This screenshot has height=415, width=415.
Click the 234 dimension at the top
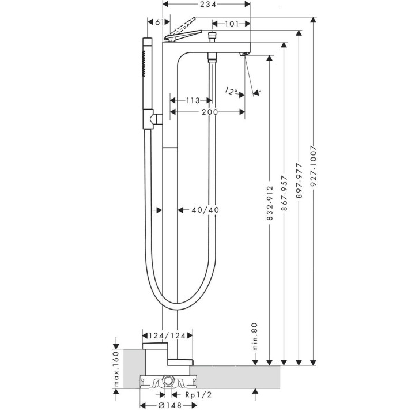pos(207,5)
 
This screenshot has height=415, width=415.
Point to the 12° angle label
pos(232,92)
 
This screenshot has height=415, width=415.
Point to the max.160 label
pos(116,369)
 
